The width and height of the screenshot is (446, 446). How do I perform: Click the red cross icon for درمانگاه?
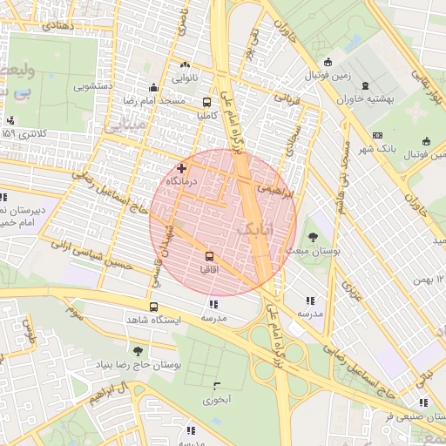(x=181, y=167)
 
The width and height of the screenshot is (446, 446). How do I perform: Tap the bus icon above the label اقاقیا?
(x=209, y=257)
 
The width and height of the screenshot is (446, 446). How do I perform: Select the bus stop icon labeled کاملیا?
(x=206, y=101)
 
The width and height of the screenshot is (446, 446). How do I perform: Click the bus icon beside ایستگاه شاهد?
(x=154, y=307)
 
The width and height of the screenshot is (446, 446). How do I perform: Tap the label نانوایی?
(x=184, y=78)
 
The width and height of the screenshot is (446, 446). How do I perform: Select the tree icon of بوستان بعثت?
(x=312, y=235)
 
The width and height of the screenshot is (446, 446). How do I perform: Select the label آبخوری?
(x=217, y=401)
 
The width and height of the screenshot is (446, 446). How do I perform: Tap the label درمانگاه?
(x=182, y=180)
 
